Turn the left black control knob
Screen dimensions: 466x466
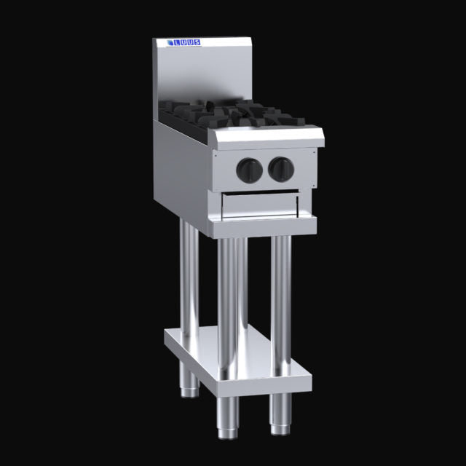[x=248, y=170]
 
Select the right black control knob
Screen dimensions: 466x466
[x=280, y=169]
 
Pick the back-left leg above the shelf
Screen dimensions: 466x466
[x=188, y=277]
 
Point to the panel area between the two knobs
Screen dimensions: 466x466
[x=264, y=170]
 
